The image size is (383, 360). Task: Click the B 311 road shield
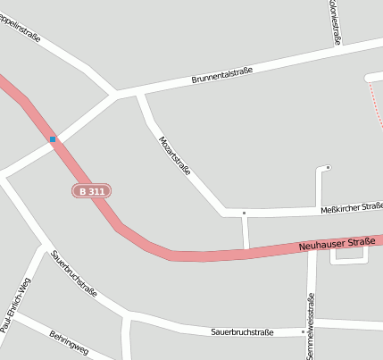pyautogui.click(x=92, y=191)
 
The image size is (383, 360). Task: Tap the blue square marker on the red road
pyautogui.click(x=53, y=139)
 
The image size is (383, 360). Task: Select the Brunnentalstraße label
pyautogui.click(x=222, y=75)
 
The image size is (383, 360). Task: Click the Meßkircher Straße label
pyautogui.click(x=350, y=208)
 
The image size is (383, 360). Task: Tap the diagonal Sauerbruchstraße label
pyautogui.click(x=74, y=272)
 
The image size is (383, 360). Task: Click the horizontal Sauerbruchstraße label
pyautogui.click(x=242, y=331)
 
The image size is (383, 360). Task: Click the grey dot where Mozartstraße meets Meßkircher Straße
pyautogui.click(x=244, y=213)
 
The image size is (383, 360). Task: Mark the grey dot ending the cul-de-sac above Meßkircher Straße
pyautogui.click(x=328, y=167)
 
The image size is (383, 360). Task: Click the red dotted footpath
pyautogui.click(x=373, y=98)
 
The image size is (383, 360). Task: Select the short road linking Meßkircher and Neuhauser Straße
pyautogui.click(x=246, y=232)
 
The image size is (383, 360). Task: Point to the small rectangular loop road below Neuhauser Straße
pyautogui.click(x=349, y=261)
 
